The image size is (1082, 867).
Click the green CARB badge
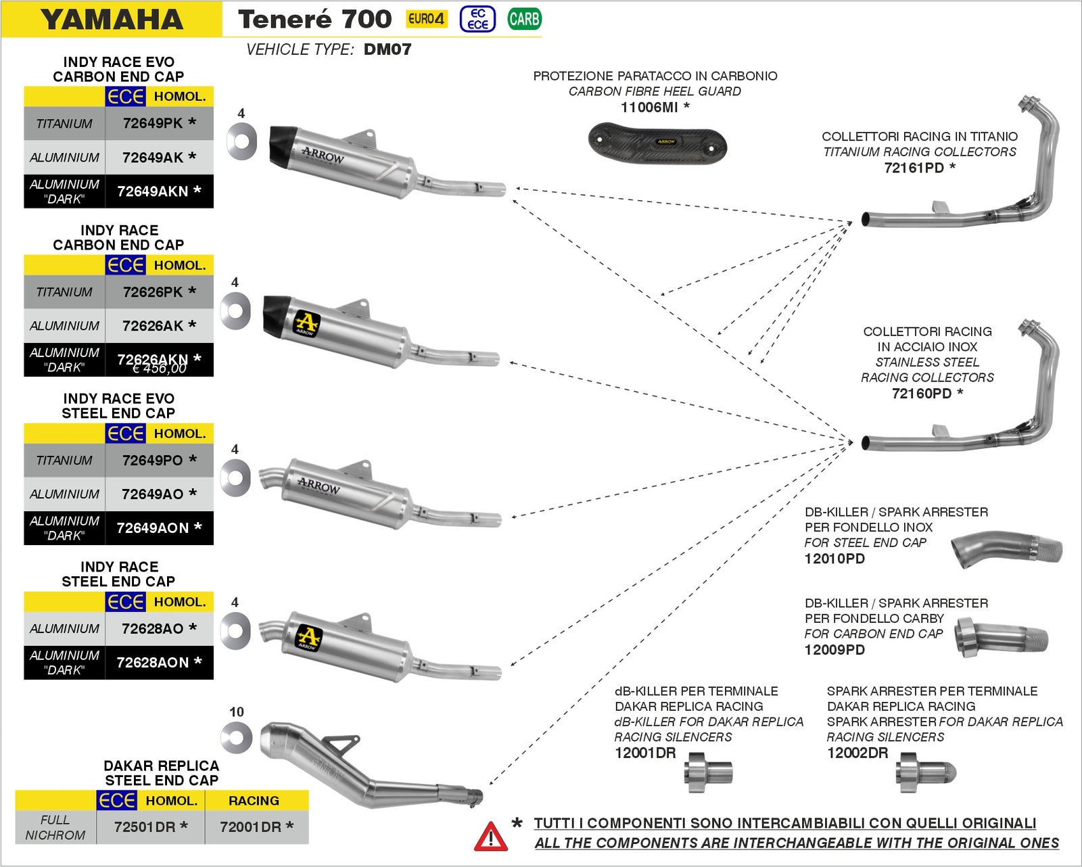[524, 19]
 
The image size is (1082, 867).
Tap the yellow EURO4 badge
[426, 19]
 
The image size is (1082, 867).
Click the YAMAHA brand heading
[112, 19]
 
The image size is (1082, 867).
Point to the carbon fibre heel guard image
[657, 143]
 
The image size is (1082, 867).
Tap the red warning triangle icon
[490, 837]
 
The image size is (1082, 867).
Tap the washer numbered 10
[237, 737]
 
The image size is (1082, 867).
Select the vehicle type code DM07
[387, 49]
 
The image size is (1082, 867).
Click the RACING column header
[254, 801]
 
